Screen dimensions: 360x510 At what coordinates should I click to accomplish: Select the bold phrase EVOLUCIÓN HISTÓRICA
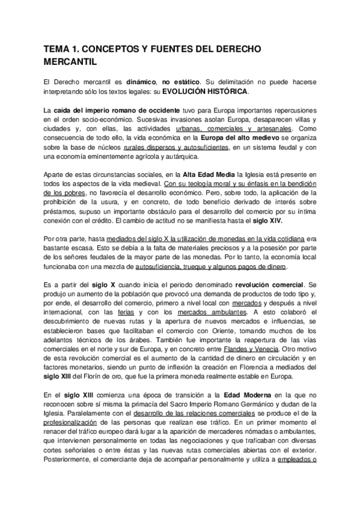204,91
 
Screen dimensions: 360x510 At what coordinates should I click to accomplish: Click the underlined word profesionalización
77,423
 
